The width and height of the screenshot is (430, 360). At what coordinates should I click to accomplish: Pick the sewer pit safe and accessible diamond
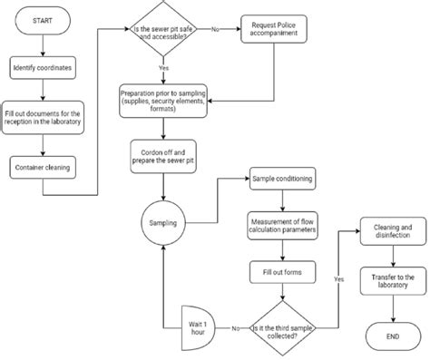[x=163, y=29]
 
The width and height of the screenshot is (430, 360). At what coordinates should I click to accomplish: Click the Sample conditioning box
[x=281, y=180]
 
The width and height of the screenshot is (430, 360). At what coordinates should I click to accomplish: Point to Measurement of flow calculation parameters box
[x=281, y=225]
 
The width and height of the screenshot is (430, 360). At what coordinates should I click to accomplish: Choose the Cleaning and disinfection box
[x=392, y=230]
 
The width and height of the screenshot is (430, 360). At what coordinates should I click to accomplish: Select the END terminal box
[x=392, y=336]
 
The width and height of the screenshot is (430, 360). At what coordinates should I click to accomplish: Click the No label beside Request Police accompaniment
[x=215, y=29]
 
